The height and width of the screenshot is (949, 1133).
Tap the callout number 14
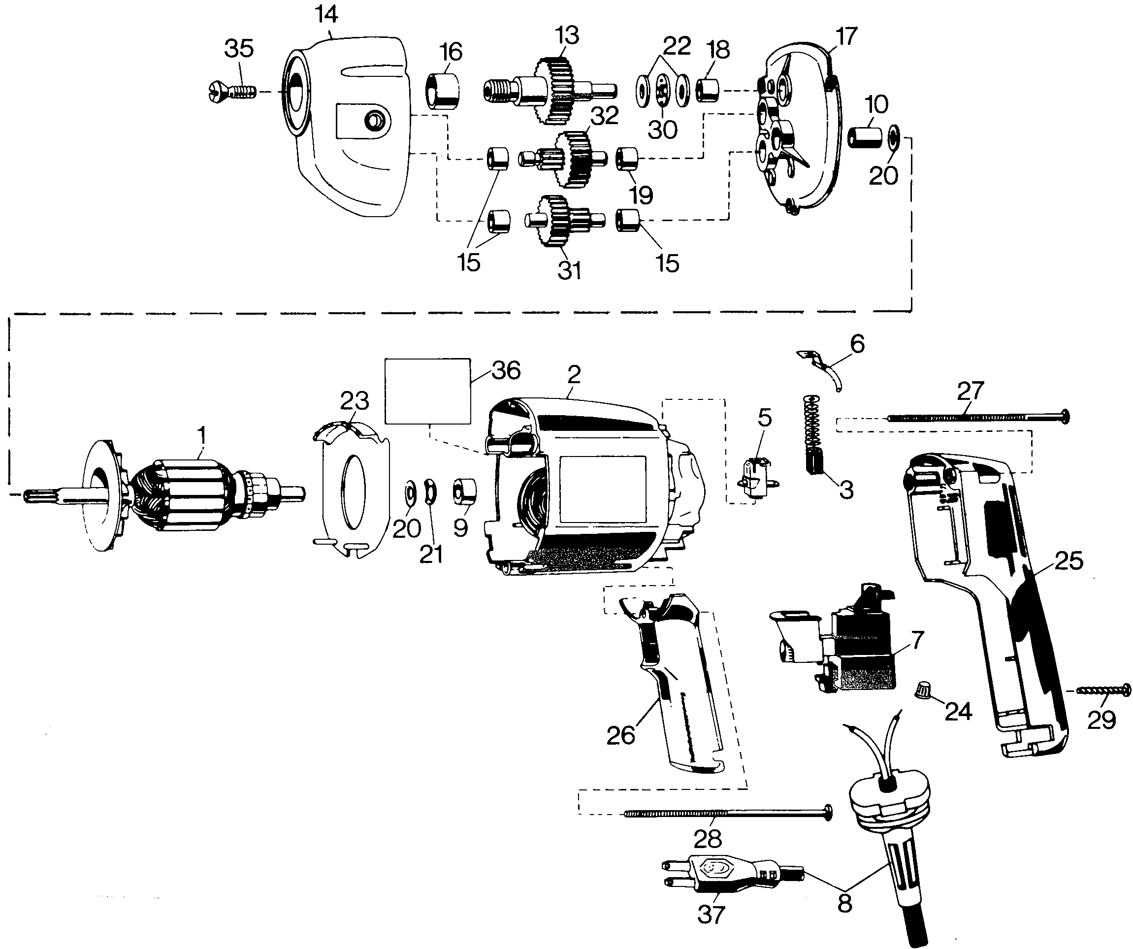click(326, 15)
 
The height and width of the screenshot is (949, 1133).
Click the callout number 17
click(846, 36)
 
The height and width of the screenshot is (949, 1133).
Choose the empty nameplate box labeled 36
click(427, 391)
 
